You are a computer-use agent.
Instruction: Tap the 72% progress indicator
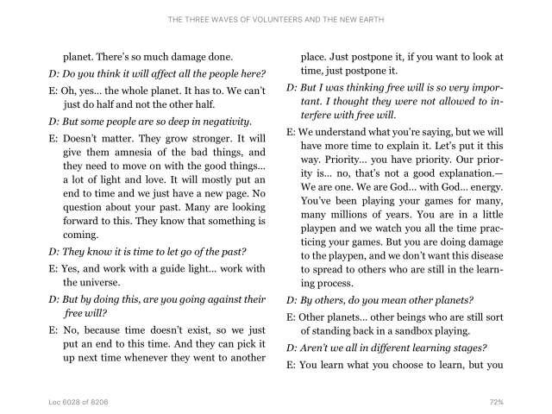pyautogui.click(x=495, y=402)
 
